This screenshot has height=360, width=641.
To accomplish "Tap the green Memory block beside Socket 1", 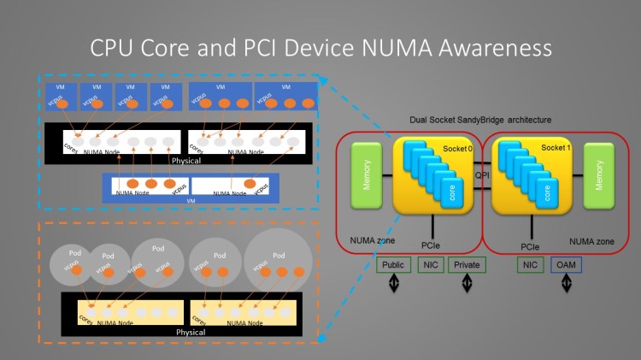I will point(598,174).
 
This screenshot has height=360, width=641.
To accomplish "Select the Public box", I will point(393,265).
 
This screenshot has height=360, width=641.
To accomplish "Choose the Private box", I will point(466,265).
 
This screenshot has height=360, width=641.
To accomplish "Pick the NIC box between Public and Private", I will point(430,265).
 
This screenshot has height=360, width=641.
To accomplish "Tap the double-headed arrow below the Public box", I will point(394,285).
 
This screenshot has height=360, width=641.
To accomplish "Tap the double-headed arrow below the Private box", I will point(468,285).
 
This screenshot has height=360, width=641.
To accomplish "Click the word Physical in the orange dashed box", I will point(191,332).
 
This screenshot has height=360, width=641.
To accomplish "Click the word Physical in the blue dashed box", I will point(187,160).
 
